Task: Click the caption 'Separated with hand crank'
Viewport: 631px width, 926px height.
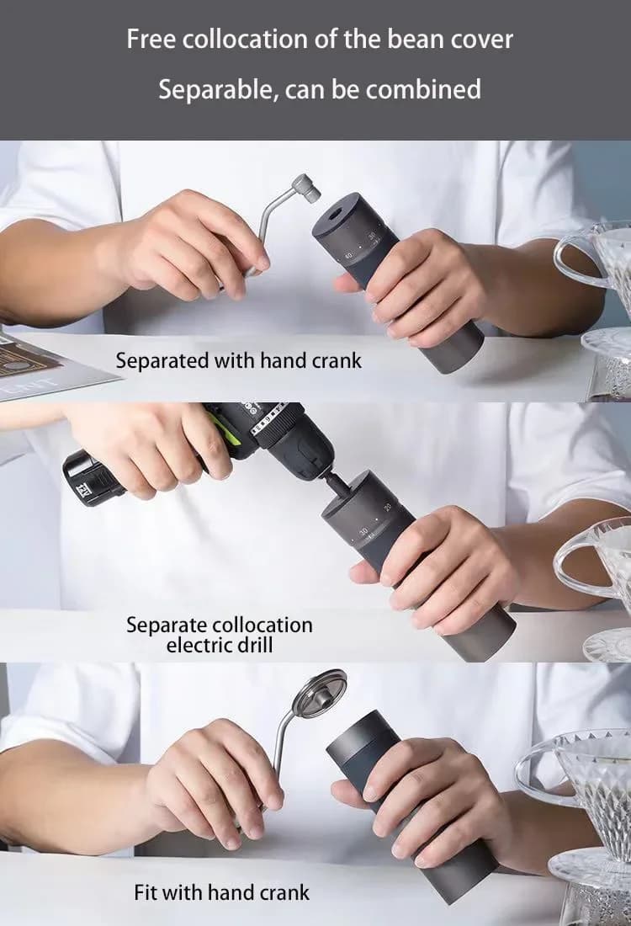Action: [238, 360]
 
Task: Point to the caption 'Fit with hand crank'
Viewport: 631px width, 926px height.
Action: [221, 891]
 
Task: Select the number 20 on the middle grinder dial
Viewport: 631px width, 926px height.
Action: [388, 508]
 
